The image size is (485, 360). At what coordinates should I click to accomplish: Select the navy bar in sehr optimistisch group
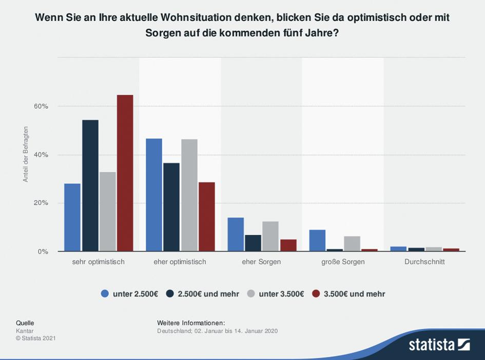(90, 186)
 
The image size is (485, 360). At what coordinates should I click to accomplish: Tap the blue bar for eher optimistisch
(154, 195)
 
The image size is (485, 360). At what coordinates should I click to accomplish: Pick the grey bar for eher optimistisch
(189, 195)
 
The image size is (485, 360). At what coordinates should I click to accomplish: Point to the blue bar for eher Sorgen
(236, 234)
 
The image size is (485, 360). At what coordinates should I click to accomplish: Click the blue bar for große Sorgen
(317, 241)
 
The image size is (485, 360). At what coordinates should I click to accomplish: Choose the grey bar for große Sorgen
(352, 244)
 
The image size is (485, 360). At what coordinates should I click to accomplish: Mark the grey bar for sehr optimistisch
(107, 211)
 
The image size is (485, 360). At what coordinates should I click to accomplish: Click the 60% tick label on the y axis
(41, 106)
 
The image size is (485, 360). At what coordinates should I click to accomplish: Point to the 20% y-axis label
(41, 203)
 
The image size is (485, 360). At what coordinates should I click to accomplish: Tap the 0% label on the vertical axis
(43, 251)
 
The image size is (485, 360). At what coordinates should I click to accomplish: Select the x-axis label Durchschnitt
(424, 262)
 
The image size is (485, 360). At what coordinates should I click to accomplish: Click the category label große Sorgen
(343, 262)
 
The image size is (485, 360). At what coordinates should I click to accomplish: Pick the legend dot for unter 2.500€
(105, 294)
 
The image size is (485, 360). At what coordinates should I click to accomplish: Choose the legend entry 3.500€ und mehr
(354, 294)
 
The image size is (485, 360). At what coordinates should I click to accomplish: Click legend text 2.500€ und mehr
(208, 294)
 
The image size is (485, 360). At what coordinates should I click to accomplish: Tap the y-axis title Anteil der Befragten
(26, 154)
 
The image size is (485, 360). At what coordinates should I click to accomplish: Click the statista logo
(439, 344)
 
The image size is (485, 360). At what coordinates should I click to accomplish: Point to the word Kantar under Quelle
(25, 331)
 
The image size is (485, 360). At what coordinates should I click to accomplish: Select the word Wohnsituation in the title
(195, 17)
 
